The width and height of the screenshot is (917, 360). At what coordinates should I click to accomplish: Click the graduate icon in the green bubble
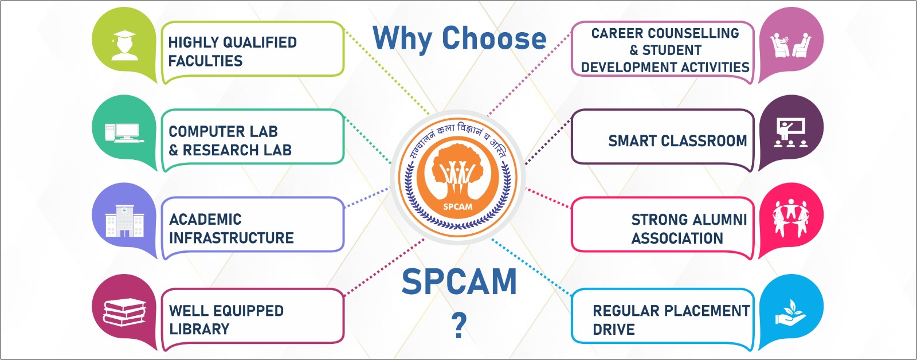pos(124,45)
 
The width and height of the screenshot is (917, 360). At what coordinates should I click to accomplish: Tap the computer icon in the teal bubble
pos(124,133)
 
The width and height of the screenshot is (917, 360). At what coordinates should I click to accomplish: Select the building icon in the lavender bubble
pos(124,221)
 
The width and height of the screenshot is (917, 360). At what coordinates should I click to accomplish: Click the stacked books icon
pos(124,313)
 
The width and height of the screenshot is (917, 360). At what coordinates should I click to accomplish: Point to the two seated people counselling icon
pos(790,46)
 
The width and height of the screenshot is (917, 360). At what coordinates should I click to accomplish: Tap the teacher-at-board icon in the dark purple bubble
pos(790,132)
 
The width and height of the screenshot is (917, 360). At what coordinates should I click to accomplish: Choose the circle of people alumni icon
pos(790,218)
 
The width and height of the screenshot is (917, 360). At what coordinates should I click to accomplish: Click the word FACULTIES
pos(206,61)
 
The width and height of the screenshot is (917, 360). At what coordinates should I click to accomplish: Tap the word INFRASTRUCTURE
pos(232,238)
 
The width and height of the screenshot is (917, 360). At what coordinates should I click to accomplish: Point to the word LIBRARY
pos(199,329)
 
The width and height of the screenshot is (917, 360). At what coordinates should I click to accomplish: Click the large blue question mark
pos(459,325)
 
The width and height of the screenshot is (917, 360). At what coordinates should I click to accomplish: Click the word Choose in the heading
pos(494,38)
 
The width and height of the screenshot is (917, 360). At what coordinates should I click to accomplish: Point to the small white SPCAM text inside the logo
pos(458,207)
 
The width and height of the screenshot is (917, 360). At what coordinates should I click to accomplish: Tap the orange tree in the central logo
pos(458,171)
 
